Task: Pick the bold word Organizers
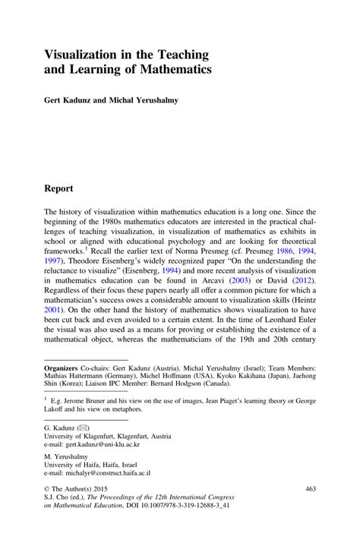tap(65, 367)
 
